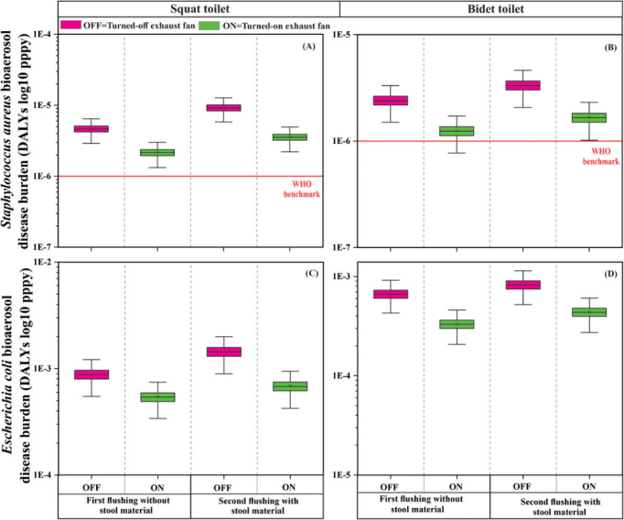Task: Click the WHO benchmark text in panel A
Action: pos(303,189)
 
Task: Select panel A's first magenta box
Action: pos(91,129)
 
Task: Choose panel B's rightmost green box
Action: pos(588,117)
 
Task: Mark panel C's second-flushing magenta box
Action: pos(223,352)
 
